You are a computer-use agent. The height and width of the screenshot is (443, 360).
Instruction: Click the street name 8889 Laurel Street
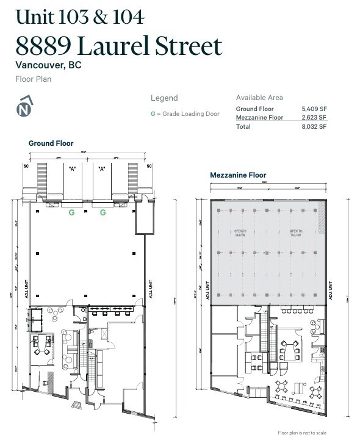(119, 46)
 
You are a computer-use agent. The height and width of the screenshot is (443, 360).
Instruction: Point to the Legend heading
(164, 98)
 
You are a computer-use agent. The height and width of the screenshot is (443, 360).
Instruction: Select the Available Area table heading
(259, 98)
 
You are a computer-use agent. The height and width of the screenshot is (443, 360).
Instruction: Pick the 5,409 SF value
(314, 109)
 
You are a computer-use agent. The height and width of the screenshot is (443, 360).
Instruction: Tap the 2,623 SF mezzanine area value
(314, 117)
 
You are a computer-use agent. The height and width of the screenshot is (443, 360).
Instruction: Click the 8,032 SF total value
(314, 126)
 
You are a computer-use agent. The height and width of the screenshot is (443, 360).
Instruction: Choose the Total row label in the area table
(243, 126)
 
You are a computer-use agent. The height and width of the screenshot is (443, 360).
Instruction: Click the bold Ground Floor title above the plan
(51, 143)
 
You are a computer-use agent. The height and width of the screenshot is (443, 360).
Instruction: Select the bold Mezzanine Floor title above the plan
(238, 175)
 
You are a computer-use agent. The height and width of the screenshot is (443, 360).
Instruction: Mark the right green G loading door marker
(103, 212)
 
